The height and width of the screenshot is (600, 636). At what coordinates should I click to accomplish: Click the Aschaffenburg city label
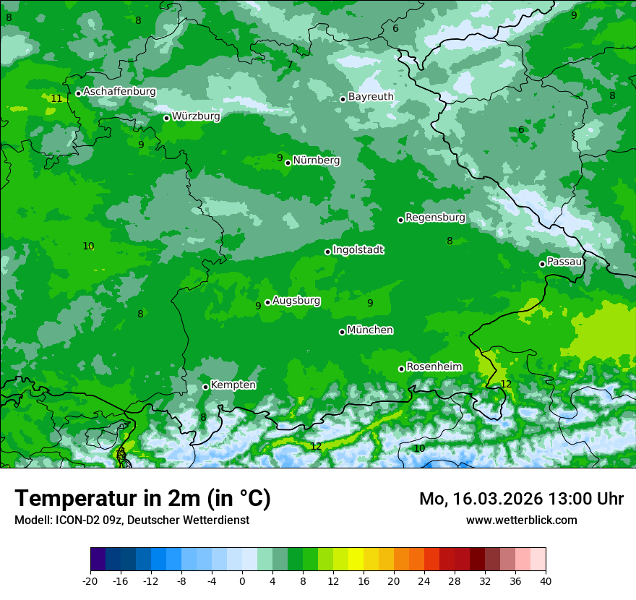[x=119, y=92]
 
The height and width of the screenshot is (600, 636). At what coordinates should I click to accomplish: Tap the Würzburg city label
[x=196, y=116]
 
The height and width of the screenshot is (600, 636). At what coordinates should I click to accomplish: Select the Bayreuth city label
[x=371, y=96]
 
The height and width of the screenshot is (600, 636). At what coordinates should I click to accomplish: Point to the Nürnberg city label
[x=316, y=160]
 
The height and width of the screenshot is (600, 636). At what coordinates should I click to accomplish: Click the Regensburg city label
[x=435, y=218]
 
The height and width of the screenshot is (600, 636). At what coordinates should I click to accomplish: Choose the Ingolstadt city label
[x=358, y=250]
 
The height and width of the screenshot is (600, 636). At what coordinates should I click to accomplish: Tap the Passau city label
[x=564, y=262]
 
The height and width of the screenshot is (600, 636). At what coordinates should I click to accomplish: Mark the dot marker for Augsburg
[x=267, y=302]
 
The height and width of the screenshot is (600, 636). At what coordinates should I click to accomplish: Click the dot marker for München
[x=342, y=332]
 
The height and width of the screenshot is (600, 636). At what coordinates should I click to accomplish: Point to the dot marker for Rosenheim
[x=401, y=369]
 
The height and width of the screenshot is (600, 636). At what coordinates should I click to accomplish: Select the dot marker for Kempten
[x=205, y=387]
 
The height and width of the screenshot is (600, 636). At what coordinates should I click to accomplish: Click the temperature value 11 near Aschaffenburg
[x=57, y=98]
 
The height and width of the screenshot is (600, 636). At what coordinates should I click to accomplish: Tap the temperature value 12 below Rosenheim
[x=506, y=384]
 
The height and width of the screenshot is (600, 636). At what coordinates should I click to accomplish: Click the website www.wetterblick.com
[x=521, y=520]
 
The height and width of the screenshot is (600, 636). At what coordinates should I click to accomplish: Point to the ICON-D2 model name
[x=74, y=520]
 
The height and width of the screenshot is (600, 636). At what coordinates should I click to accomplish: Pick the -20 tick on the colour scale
[x=90, y=580]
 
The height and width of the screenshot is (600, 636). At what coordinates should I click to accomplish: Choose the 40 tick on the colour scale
[x=545, y=580]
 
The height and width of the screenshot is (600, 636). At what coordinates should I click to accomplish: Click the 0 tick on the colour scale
[x=242, y=580]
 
